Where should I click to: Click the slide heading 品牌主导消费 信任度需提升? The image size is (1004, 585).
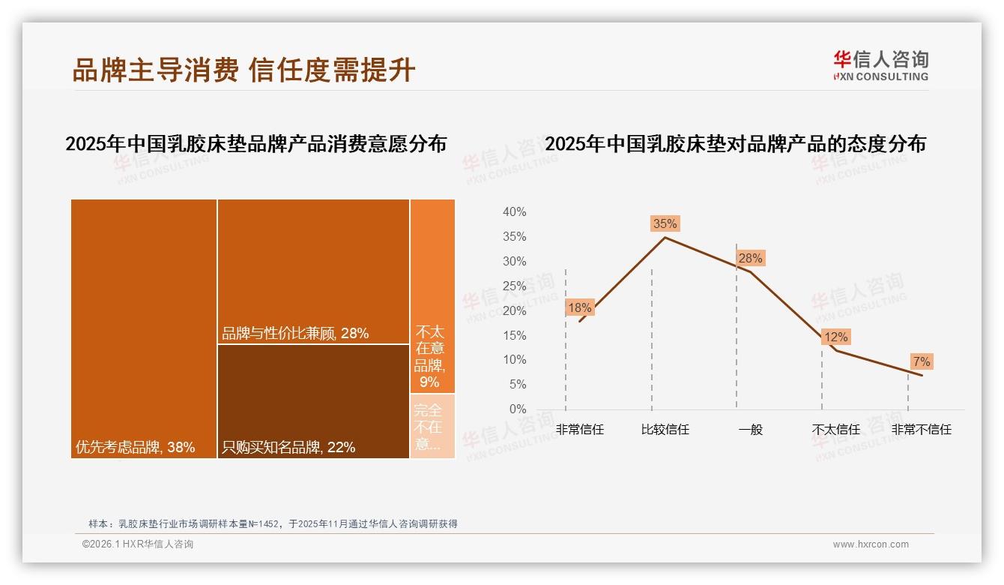(244, 70)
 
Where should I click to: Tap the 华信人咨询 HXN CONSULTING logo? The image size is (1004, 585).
(880, 66)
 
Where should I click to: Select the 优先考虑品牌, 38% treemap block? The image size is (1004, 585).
(144, 328)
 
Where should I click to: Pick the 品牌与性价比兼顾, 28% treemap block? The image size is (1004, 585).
(313, 271)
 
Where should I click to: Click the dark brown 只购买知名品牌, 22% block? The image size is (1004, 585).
(313, 401)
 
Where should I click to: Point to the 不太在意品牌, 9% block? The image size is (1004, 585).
(432, 296)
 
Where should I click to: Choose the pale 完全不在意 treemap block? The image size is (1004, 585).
(432, 426)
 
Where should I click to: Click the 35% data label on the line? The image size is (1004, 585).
(665, 223)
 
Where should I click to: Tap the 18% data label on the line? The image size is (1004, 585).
(580, 307)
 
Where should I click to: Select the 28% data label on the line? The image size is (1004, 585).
(750, 259)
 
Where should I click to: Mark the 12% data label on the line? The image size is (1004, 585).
(835, 337)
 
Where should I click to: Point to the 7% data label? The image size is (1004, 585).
(922, 362)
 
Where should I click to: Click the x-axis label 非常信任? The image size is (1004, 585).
(580, 430)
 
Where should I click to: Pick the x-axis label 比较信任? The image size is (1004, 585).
(665, 430)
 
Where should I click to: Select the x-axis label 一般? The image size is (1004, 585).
(750, 430)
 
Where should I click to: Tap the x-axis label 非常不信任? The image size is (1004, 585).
(922, 430)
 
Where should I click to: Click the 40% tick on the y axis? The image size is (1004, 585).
(515, 212)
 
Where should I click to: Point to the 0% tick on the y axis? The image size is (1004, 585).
(518, 409)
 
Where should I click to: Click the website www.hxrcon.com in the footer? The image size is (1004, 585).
(871, 544)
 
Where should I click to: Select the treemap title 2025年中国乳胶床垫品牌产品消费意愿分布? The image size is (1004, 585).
(255, 144)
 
